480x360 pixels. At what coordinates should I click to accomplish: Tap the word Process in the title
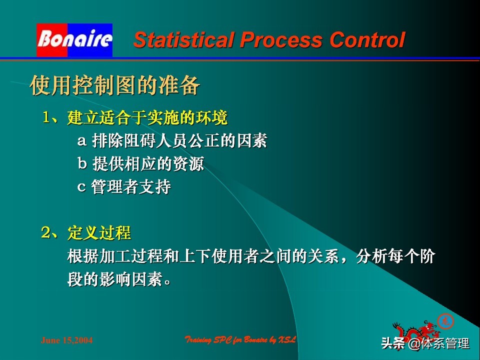282,40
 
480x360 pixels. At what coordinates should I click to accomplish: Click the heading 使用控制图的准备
115,85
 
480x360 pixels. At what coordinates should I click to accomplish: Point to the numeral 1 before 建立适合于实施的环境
47,117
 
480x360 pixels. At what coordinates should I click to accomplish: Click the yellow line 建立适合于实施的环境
147,118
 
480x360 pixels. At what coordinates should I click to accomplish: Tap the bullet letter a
81,141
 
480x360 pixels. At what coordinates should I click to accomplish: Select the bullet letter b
82,164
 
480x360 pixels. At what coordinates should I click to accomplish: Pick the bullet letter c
81,187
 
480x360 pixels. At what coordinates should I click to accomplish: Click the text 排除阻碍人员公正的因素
179,141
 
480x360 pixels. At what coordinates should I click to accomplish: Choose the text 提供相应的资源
148,164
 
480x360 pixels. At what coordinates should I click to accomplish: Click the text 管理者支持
131,187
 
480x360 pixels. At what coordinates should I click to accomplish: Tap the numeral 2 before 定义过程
47,232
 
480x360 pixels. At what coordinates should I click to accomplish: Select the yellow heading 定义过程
99,233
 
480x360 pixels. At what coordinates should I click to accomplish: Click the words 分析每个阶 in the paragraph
395,257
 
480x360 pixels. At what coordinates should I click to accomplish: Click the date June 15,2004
66,340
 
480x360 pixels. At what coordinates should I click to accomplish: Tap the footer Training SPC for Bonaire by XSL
241,340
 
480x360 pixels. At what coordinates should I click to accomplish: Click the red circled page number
445,320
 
